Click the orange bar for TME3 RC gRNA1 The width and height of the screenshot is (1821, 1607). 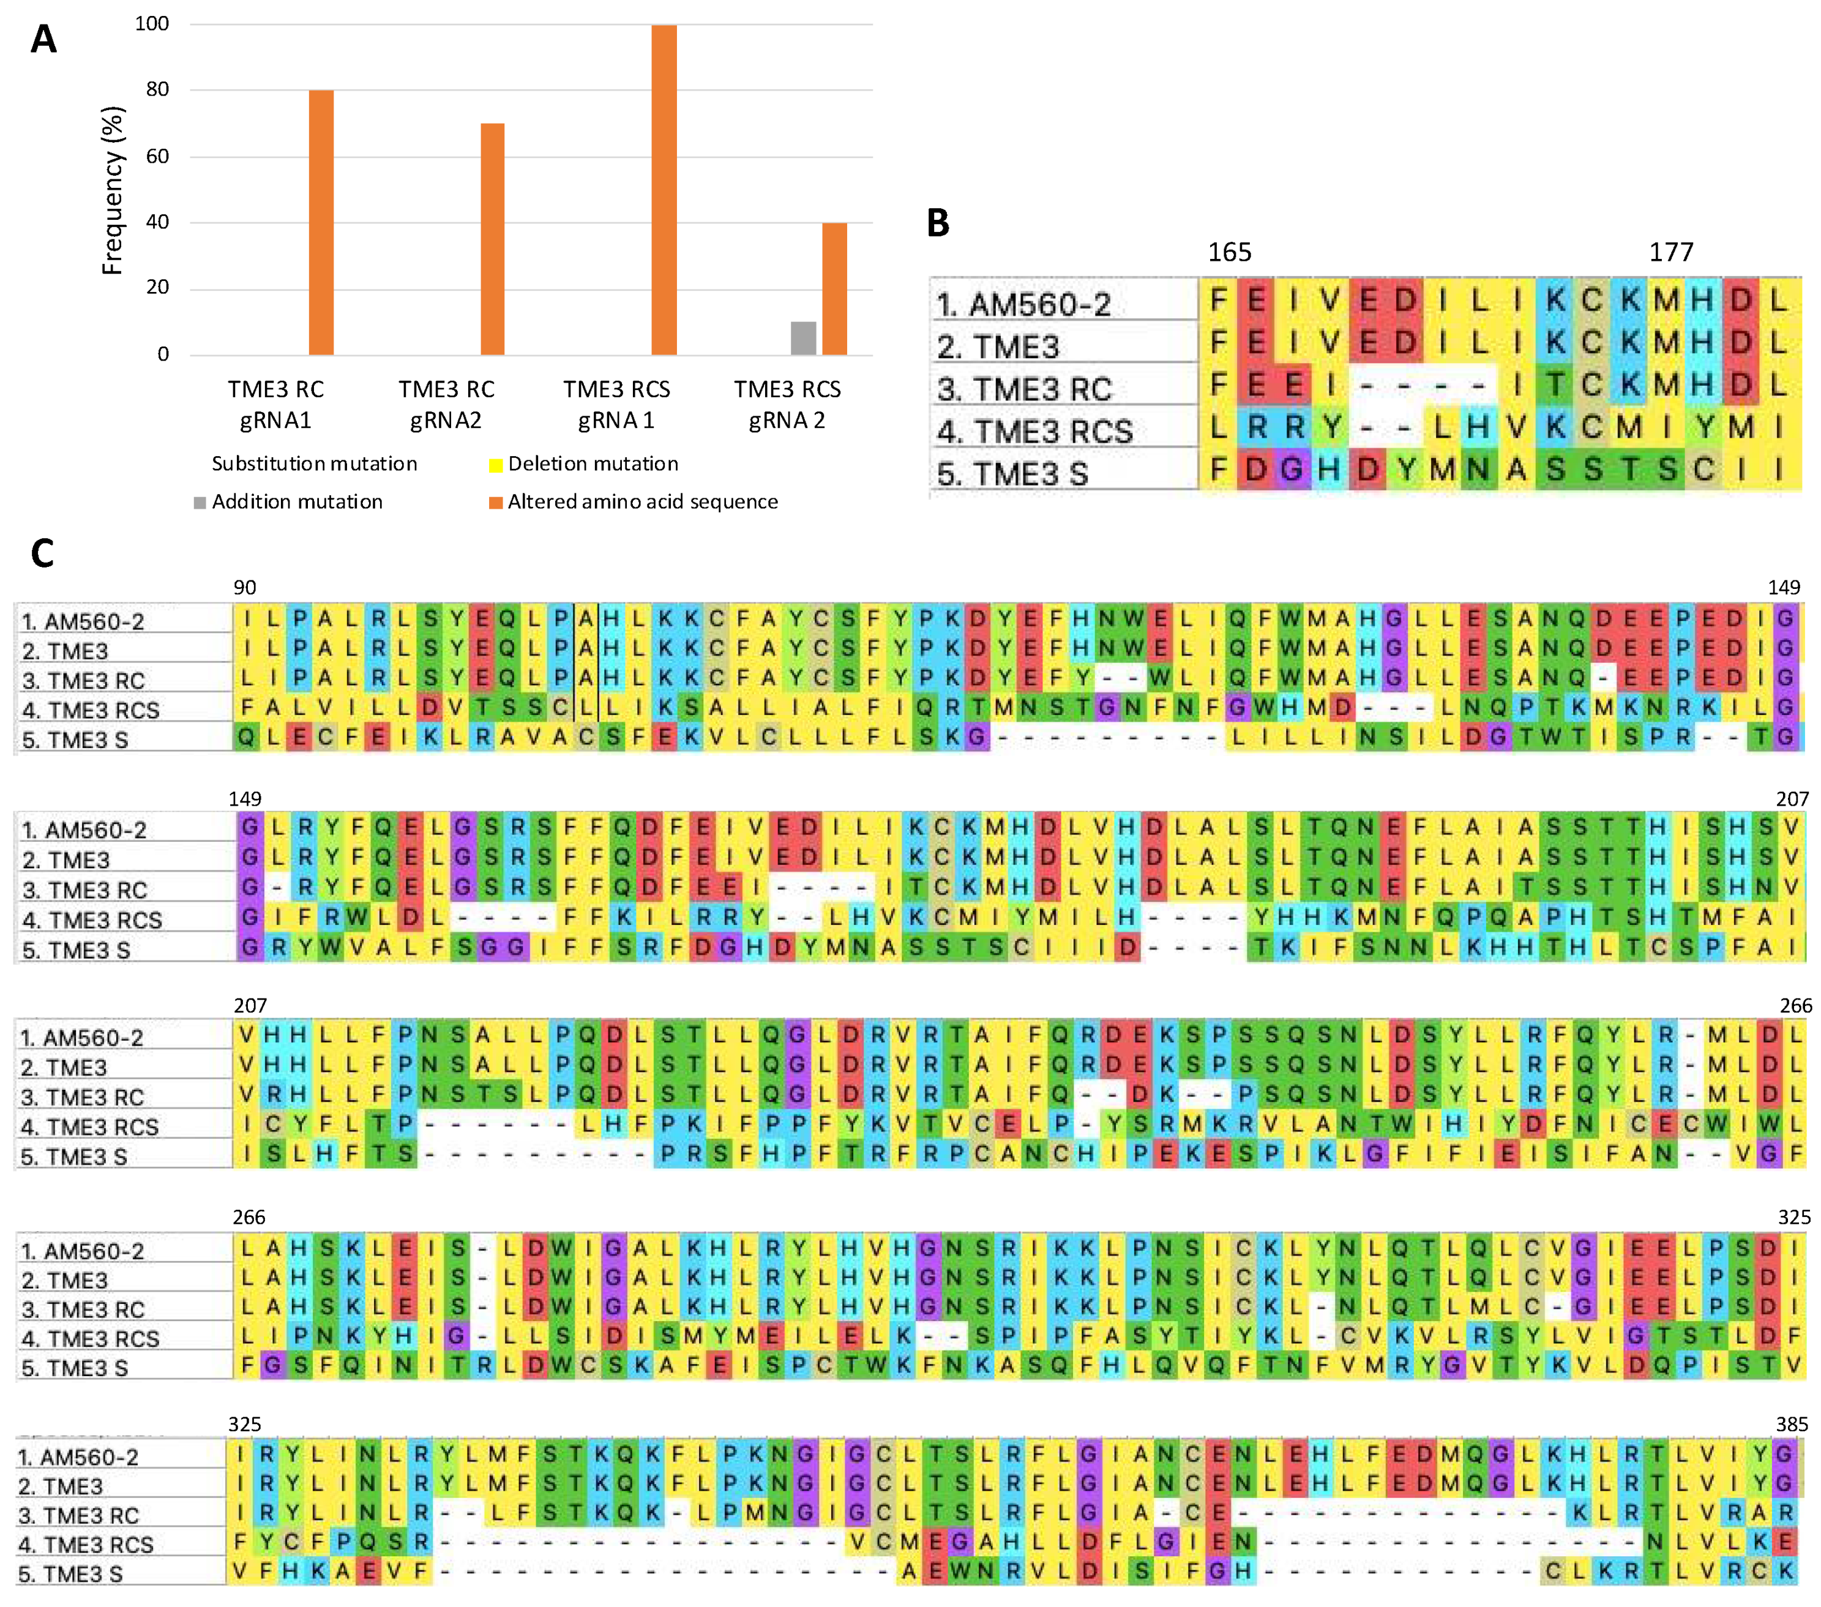click(321, 223)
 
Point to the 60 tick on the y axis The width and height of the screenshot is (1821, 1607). click(158, 156)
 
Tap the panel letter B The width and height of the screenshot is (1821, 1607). click(938, 223)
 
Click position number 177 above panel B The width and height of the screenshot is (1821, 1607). click(1670, 252)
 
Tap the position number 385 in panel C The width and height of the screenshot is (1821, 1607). click(1791, 1425)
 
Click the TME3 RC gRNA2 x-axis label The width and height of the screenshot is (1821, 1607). click(446, 405)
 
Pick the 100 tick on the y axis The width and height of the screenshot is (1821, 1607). click(152, 24)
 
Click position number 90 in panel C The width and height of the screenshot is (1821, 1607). click(244, 588)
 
